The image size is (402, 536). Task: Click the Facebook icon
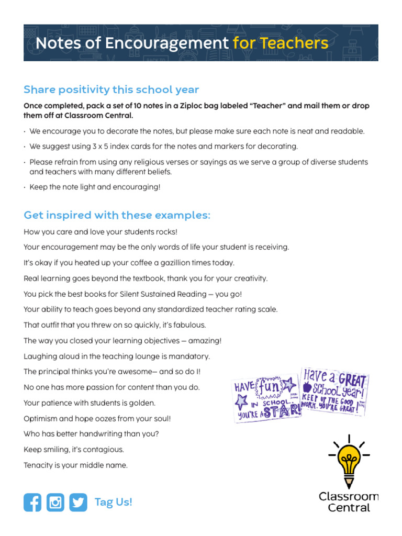[x=32, y=502]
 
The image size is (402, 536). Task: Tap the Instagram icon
[x=55, y=502]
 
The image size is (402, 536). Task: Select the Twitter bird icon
[x=79, y=502]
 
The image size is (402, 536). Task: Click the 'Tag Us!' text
[x=113, y=502]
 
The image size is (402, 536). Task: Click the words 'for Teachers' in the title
[x=281, y=43]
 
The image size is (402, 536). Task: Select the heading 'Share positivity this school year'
[x=111, y=90]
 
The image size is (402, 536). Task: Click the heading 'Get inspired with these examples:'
[x=117, y=215]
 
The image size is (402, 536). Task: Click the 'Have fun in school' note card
[x=266, y=399]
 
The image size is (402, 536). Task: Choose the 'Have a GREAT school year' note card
[x=334, y=392]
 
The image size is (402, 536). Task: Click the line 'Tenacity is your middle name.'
[x=75, y=465]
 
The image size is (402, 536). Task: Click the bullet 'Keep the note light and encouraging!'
[x=95, y=186]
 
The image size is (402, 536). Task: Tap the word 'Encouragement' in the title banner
[x=167, y=43]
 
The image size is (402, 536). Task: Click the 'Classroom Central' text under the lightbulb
[x=348, y=501]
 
